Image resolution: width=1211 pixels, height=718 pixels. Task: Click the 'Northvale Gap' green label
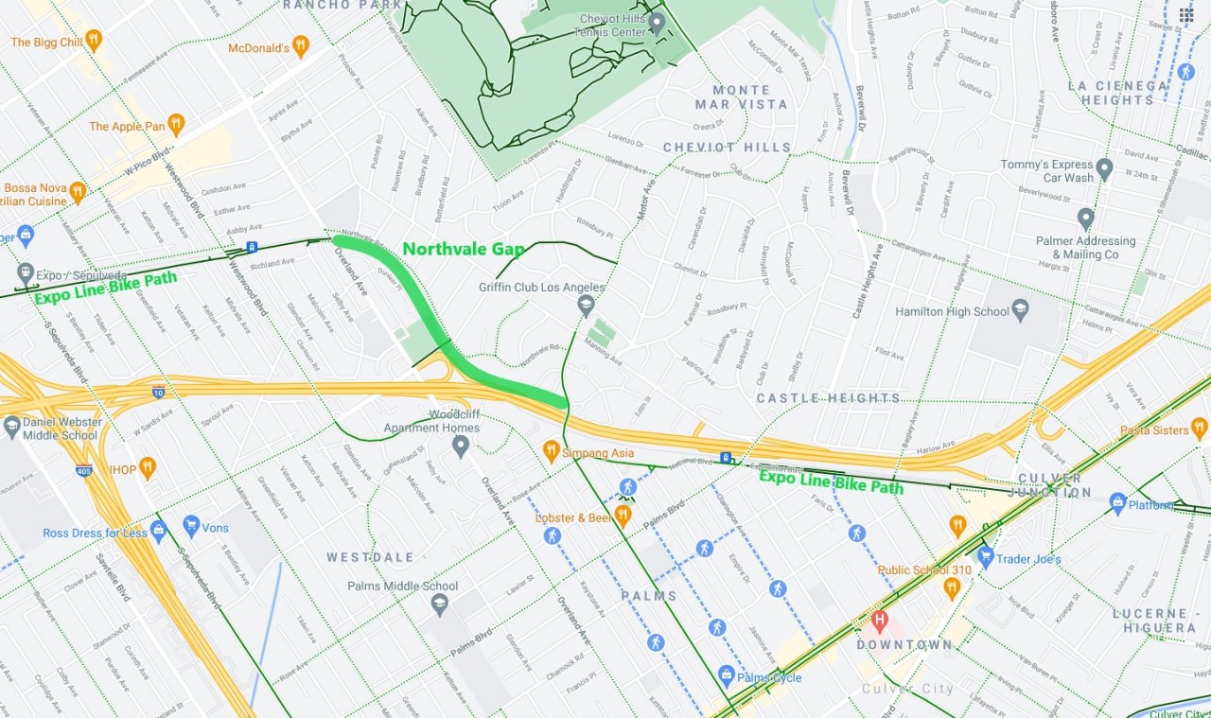point(464,250)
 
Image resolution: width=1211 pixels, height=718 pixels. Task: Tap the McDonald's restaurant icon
point(300,45)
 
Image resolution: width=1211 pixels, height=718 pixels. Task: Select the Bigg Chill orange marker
point(93,40)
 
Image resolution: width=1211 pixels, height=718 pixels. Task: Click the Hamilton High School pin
point(1020,309)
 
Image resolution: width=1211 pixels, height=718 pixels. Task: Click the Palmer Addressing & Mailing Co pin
point(1085,219)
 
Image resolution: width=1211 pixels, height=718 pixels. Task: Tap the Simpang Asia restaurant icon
point(551,451)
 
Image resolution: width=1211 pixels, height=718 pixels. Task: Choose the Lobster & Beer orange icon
point(622,517)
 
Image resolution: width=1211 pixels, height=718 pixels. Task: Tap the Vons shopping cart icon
point(191,526)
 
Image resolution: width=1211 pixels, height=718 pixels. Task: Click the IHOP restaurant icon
point(148,467)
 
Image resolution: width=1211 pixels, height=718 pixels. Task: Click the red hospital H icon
point(880,622)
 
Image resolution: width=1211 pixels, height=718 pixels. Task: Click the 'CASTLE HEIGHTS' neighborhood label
point(828,398)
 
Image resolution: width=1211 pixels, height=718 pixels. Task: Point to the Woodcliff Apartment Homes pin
point(461,445)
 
